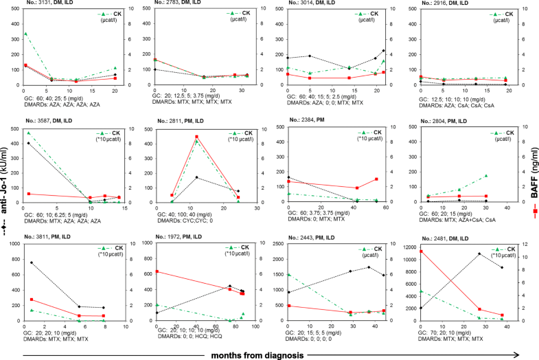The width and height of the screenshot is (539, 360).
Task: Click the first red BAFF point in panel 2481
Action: [x=421, y=251]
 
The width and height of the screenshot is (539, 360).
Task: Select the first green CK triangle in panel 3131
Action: [x=25, y=33]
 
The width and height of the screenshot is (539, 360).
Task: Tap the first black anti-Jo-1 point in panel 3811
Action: [x=31, y=262]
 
